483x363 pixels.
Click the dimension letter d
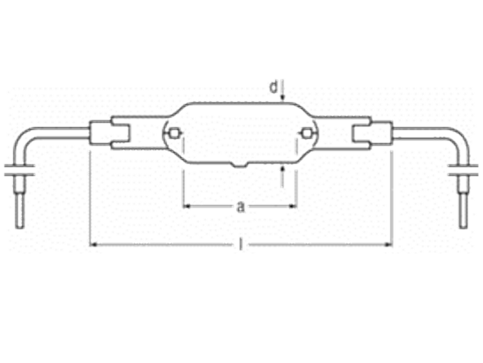pos(273,87)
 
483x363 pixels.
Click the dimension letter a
pos(241,207)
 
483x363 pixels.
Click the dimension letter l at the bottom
pos(241,244)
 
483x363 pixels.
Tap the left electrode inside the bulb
pos(174,133)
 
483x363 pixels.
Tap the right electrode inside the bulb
pos(305,133)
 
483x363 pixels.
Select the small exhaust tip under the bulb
pos(241,165)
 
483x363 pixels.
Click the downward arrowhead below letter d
pos(282,98)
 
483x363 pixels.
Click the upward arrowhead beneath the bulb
pos(282,169)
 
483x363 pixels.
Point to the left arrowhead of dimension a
pos(187,206)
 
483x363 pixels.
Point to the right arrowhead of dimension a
pos(293,206)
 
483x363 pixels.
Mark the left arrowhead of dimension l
pos(93,245)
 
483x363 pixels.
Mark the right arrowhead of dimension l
pos(389,245)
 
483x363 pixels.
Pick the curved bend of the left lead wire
pos(22,139)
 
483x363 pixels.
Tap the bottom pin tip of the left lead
pos(19,227)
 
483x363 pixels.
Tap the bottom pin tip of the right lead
pos(464,227)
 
